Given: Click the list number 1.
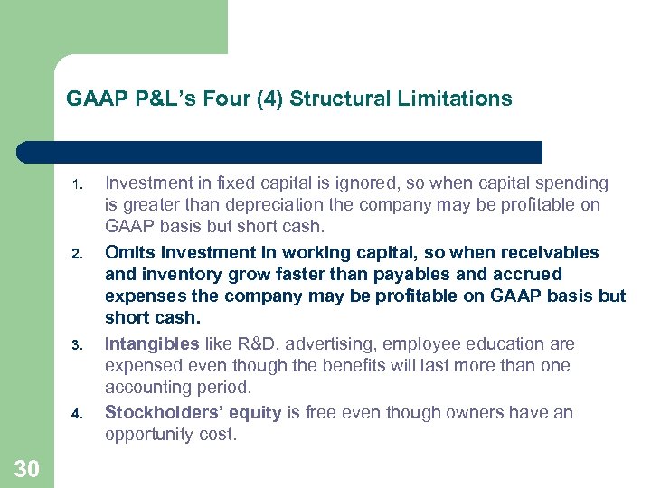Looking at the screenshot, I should tap(79, 187).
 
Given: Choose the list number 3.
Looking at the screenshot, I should tap(79, 345).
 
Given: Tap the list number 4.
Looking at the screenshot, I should tap(79, 415).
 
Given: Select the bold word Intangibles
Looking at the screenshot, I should tap(152, 343).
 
